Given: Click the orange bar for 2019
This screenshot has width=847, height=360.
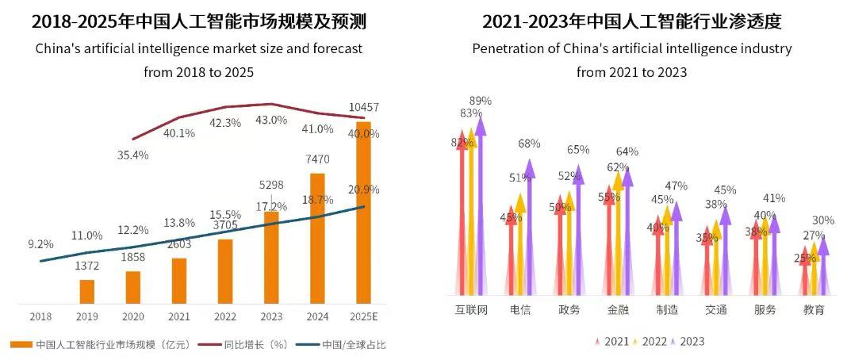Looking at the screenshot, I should point(87,291).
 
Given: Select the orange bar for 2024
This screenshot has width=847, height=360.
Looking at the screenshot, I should point(317,238).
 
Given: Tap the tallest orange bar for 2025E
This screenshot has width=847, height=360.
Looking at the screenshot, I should point(362,213).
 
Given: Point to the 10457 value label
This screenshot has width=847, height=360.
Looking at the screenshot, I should point(362,107).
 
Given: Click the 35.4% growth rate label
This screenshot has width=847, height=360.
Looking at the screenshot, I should point(132,155).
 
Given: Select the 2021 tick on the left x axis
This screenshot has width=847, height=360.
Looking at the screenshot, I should point(178,316).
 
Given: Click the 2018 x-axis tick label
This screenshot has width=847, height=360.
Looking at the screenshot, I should point(40,316).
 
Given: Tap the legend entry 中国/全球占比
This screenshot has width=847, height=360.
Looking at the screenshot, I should point(347,344).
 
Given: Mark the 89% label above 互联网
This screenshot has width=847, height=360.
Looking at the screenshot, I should point(481,101).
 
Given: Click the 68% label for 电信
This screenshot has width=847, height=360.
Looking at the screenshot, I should point(529,144).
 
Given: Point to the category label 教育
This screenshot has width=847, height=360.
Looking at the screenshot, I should point(814,309).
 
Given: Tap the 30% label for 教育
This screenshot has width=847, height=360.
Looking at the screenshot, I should point(823,220).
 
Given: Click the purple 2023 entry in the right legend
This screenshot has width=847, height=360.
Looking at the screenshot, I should point(687,341).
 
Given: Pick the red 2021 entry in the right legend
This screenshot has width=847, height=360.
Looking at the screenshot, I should point(611,341).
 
